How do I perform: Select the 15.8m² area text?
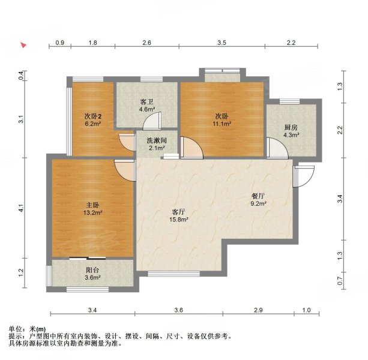click(179, 220)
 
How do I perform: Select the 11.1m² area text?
click(222, 124)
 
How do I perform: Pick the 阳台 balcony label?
click(91, 269)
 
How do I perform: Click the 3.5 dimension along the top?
click(222, 43)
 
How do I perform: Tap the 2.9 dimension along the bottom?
click(258, 310)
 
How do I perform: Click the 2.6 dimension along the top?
click(146, 43)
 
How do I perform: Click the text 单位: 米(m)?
click(27, 329)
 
